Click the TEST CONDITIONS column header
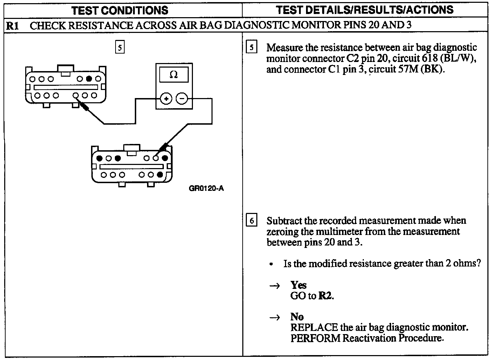(x=120, y=10)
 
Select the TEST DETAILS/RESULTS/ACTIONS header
(x=364, y=9)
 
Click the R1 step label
(x=13, y=25)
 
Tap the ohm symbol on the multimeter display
(x=173, y=74)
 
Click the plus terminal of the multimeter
(x=166, y=99)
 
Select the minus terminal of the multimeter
(x=182, y=99)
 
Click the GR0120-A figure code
(x=206, y=188)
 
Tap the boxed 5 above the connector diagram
(x=120, y=47)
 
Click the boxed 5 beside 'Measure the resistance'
(x=251, y=47)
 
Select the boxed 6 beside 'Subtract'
(x=251, y=221)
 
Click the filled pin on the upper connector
(x=89, y=78)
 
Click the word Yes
(x=298, y=285)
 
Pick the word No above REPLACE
(x=297, y=317)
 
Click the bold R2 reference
(x=325, y=296)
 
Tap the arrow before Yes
(x=275, y=286)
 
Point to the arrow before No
(x=275, y=318)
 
